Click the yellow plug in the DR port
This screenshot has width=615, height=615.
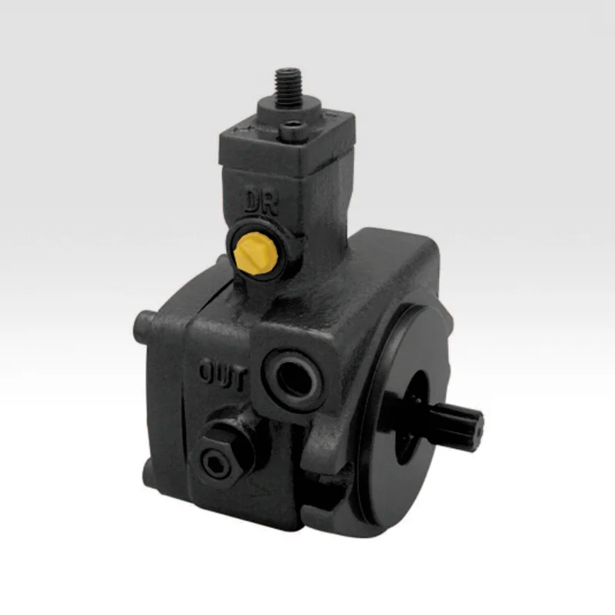[x=256, y=251]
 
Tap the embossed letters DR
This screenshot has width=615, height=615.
[x=261, y=203]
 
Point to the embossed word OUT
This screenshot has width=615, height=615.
[x=223, y=374]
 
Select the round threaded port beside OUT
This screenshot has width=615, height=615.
[x=294, y=379]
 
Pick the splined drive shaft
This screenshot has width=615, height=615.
[x=457, y=426]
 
